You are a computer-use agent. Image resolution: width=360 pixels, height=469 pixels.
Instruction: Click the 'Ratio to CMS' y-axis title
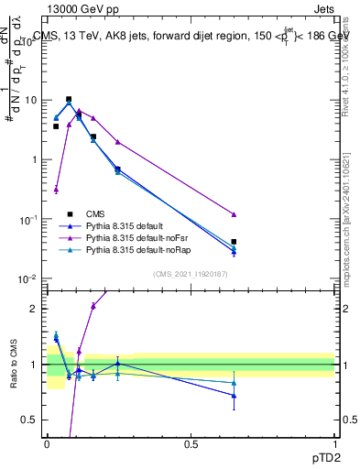point(15,364)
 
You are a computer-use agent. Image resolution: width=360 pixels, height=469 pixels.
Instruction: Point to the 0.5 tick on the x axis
point(191,443)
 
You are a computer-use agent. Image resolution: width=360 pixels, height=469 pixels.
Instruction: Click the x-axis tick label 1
point(334,443)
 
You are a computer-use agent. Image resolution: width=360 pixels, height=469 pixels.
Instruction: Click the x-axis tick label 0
point(47,443)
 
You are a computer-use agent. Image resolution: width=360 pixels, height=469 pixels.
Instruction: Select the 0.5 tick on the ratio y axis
point(32,420)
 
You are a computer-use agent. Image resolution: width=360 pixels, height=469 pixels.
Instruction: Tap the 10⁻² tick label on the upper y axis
point(29,278)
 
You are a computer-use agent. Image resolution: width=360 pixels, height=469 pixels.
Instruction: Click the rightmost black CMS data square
point(234,242)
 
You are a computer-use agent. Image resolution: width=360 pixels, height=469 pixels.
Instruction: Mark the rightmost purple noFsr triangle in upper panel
point(234,214)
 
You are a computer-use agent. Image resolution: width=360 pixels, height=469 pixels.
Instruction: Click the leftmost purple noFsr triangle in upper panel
point(57,190)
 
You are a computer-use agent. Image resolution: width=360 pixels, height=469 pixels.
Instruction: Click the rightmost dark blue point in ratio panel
point(234,396)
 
